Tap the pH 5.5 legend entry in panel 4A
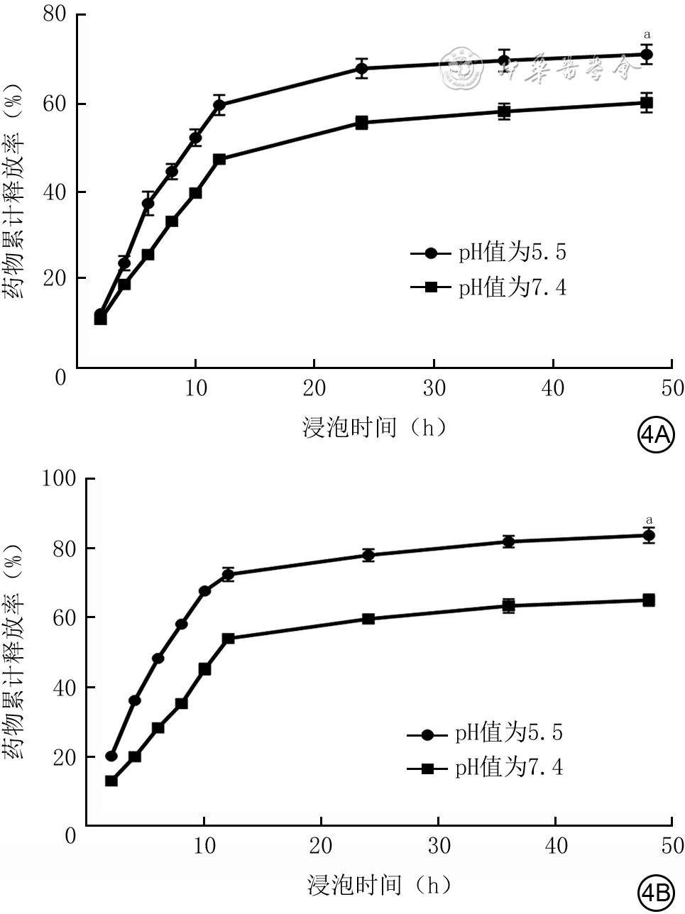pyautogui.click(x=489, y=253)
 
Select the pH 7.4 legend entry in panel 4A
pyautogui.click(x=489, y=287)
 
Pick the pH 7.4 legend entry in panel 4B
pyautogui.click(x=486, y=768)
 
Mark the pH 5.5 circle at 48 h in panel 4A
pyautogui.click(x=646, y=54)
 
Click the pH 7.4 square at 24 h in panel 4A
pyautogui.click(x=361, y=123)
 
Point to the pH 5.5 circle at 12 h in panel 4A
pyautogui.click(x=219, y=105)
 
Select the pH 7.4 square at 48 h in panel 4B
pyautogui.click(x=648, y=600)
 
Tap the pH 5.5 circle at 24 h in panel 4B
pyautogui.click(x=368, y=555)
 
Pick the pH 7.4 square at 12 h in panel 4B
pyautogui.click(x=228, y=639)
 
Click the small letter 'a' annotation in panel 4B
pyautogui.click(x=647, y=519)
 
